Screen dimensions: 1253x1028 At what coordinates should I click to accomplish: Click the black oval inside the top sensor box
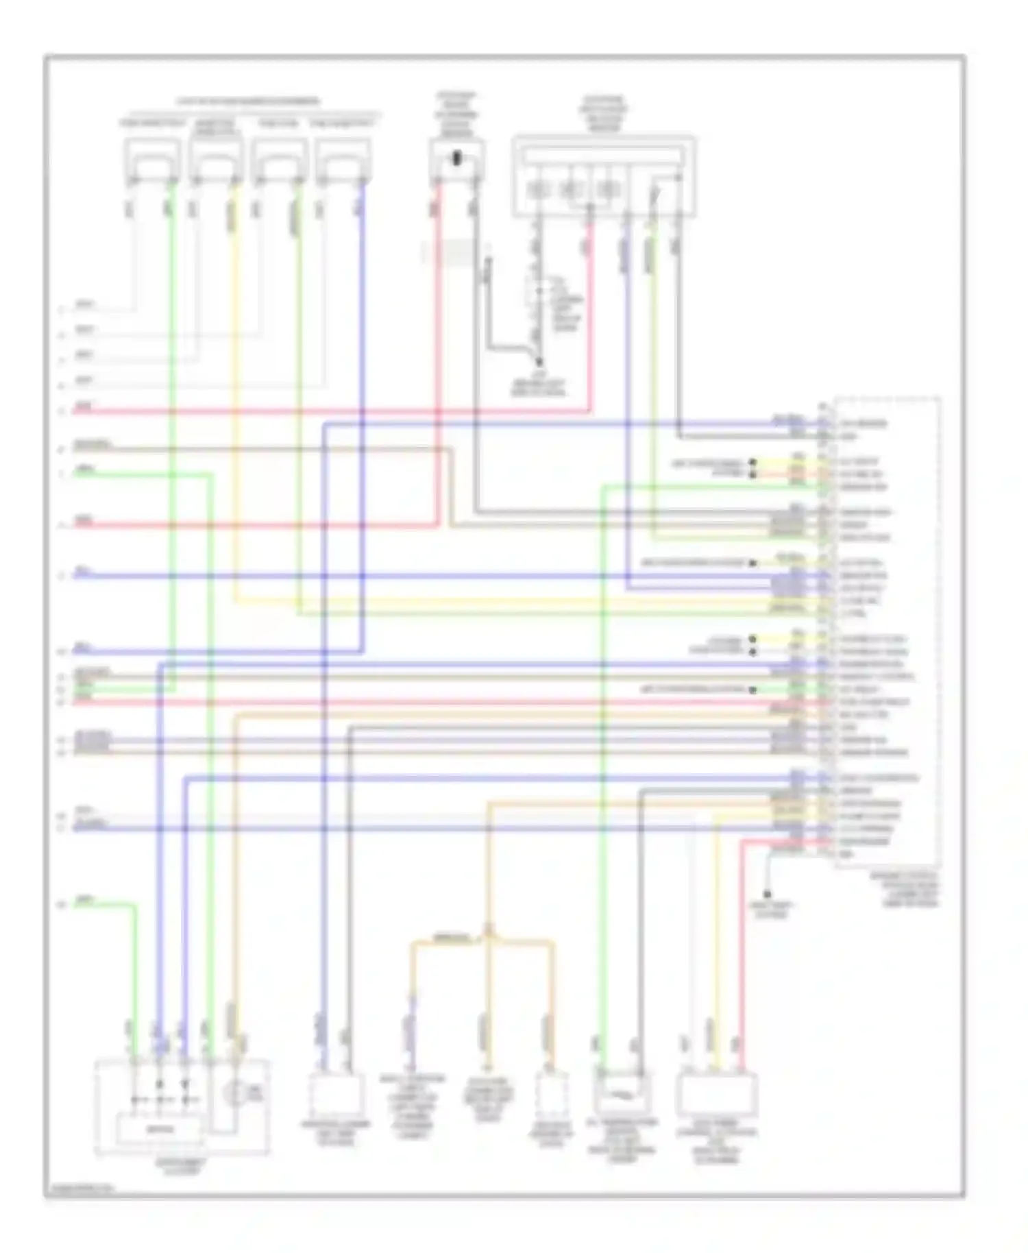tap(457, 158)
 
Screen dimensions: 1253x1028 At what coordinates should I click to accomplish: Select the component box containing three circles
tap(603, 176)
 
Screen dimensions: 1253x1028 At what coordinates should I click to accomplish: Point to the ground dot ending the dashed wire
tap(539, 362)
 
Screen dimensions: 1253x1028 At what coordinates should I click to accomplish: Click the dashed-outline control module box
tap(887, 631)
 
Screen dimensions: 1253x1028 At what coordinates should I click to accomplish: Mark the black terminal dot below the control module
tap(768, 894)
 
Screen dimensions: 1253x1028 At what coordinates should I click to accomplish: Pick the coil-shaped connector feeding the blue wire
tap(343, 162)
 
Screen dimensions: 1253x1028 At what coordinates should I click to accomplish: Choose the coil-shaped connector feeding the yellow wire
tap(216, 162)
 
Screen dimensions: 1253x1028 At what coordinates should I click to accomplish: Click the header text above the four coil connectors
tap(248, 101)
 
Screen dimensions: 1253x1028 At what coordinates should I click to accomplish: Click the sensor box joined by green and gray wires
tap(622, 1091)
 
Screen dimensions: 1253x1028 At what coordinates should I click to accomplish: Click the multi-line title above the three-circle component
tap(603, 113)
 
